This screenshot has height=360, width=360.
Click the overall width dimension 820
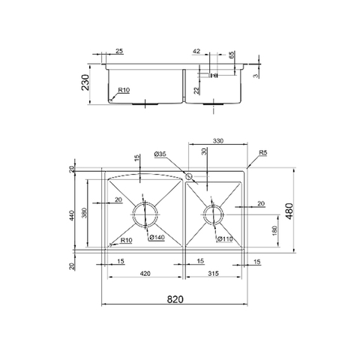(x=174, y=298)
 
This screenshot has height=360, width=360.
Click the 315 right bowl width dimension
(x=215, y=274)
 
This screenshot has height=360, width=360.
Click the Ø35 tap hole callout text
(x=160, y=154)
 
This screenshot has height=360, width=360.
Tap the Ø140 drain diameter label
(x=157, y=238)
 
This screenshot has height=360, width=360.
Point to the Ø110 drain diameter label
(x=224, y=240)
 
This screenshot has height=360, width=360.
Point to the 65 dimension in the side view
(x=232, y=55)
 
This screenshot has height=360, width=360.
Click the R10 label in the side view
(x=124, y=90)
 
